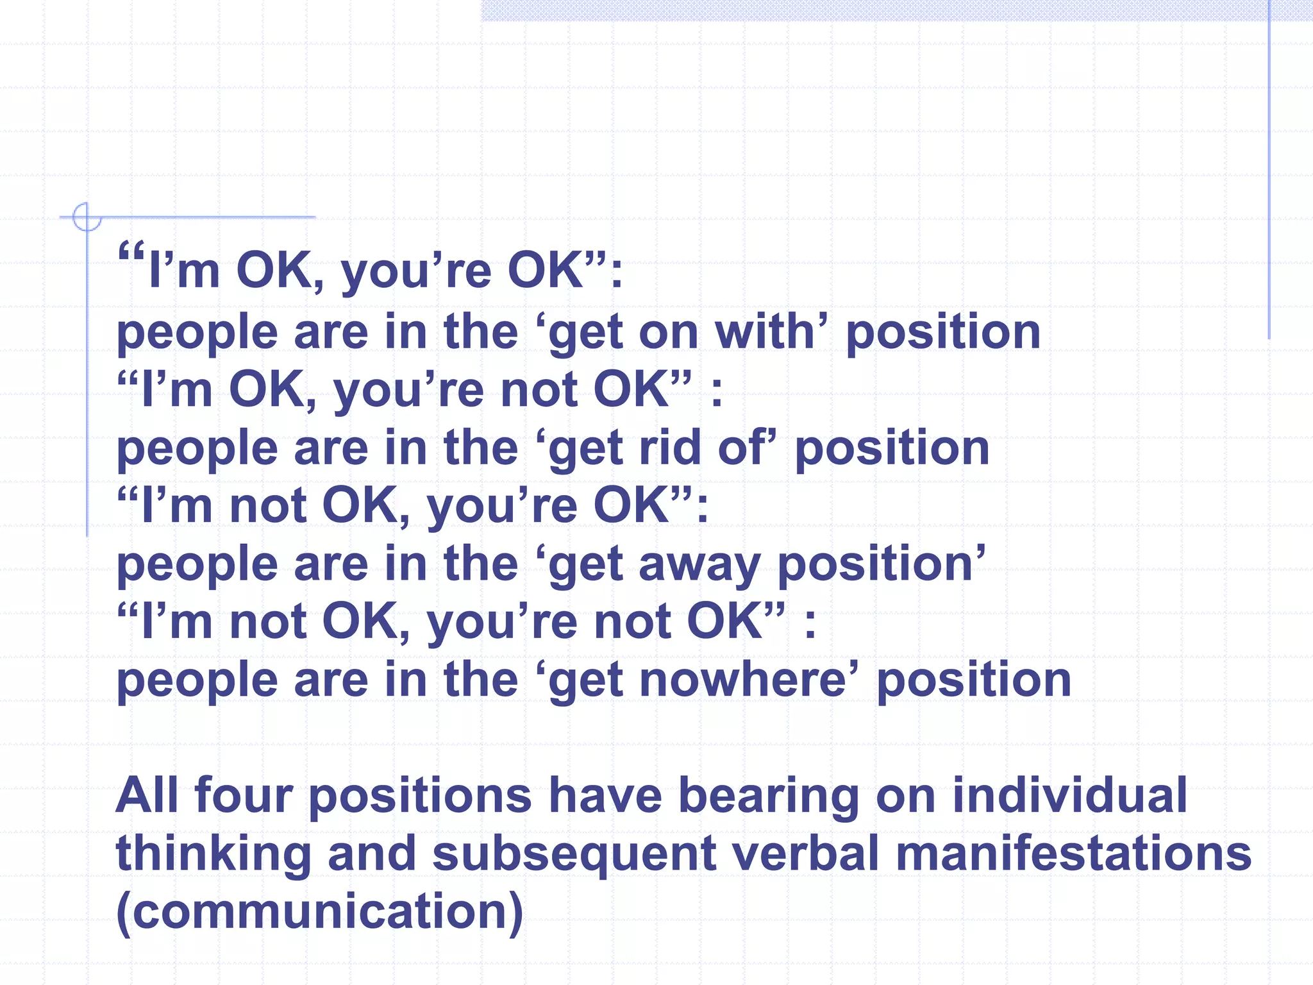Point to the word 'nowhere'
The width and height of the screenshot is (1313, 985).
pos(748,680)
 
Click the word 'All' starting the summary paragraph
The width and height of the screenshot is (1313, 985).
pos(147,795)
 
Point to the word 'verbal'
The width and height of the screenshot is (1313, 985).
pos(805,854)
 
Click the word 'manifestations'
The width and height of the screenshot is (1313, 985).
pos(1073,854)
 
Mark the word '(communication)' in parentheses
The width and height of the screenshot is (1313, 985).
pos(319,913)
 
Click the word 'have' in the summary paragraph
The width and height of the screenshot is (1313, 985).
pos(606,795)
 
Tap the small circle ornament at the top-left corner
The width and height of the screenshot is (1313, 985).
pos(87,217)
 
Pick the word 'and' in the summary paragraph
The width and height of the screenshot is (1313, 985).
pos(372,854)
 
